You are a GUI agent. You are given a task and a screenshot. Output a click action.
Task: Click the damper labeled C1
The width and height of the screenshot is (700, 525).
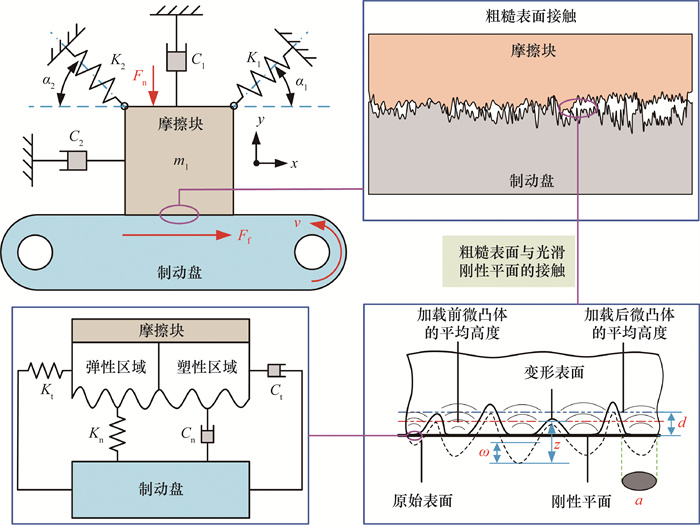[x=174, y=59]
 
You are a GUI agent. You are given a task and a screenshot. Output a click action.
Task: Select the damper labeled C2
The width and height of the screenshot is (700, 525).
[x=75, y=159]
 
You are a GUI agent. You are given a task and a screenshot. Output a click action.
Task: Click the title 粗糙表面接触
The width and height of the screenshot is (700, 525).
[x=523, y=18]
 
